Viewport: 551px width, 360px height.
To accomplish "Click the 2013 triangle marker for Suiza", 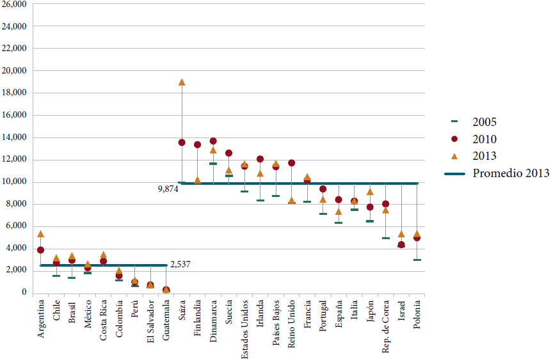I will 182,82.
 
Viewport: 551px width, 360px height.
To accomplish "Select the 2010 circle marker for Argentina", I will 40,250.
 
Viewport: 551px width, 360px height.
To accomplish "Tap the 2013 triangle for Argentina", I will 40,234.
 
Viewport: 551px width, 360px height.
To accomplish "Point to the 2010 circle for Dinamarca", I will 213,141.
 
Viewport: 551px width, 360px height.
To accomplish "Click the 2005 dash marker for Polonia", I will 417,260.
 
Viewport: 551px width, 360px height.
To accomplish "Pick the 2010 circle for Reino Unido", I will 292,163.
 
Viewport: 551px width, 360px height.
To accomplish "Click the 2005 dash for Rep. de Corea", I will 386,238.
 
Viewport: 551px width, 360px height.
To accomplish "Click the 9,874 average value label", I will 167,189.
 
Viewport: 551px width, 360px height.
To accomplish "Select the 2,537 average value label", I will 180,264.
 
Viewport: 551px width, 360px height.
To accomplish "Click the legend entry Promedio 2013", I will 509,173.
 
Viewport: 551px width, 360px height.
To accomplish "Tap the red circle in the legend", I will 454,139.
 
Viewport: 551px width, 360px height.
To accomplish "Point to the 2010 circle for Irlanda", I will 260,159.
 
